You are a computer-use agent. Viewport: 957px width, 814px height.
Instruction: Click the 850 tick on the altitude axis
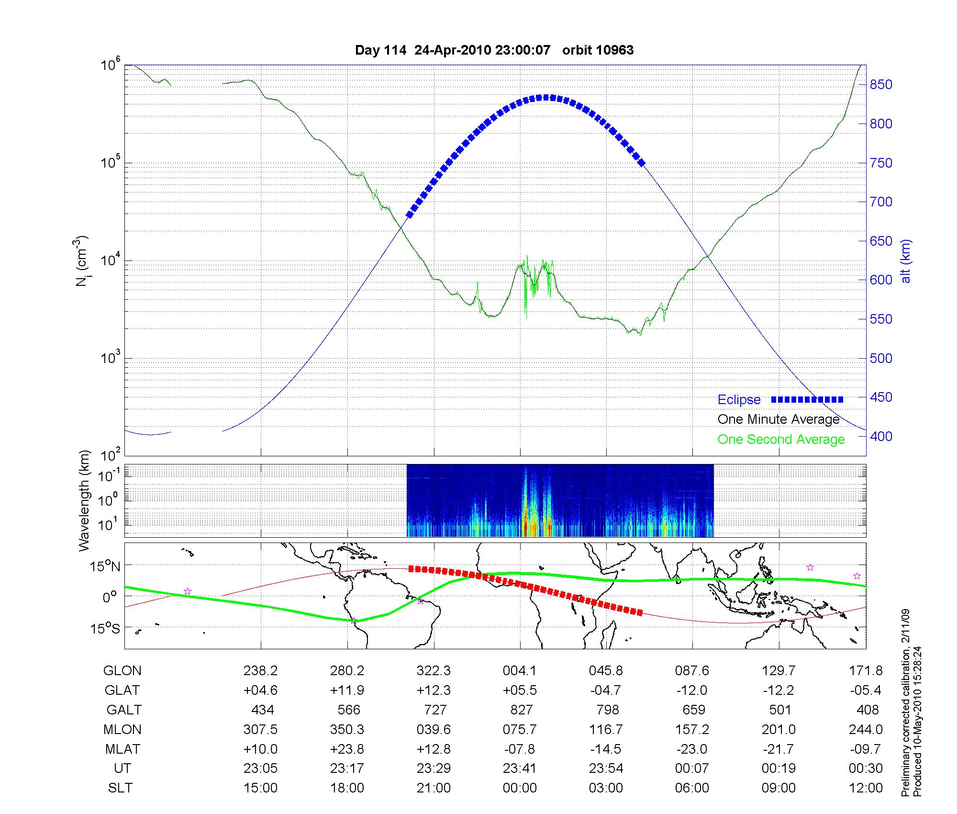pos(881,85)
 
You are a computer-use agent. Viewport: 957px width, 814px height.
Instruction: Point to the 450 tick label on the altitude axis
pos(881,397)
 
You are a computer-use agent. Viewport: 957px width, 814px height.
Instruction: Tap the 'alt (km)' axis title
pos(906,260)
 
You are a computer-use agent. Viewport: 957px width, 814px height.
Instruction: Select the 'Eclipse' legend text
pos(739,400)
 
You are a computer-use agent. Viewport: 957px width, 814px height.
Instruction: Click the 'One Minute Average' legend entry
pos(779,419)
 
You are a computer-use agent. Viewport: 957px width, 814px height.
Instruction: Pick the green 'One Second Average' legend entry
pos(781,440)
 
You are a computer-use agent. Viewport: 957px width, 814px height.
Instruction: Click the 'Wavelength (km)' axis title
pos(85,500)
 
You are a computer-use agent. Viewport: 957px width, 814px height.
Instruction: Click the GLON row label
pos(122,671)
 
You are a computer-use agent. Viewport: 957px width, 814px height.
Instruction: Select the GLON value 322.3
pos(434,671)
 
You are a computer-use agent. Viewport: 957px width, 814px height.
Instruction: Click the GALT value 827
pos(521,710)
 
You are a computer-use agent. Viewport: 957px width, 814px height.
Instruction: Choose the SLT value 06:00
pos(692,788)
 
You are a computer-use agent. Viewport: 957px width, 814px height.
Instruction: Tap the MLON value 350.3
pos(347,729)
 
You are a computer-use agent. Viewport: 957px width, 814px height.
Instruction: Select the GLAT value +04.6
pos(260,690)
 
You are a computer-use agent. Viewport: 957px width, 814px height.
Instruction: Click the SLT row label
pos(120,788)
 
